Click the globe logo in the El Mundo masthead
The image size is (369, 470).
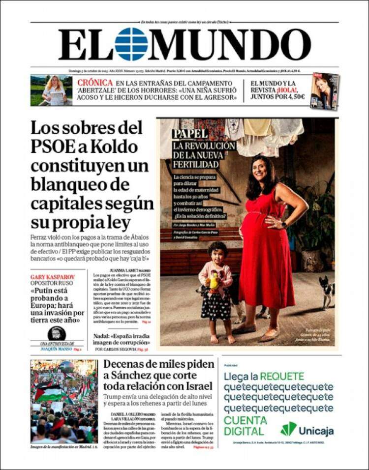coord(131,44)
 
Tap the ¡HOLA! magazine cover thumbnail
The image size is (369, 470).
coord(325,91)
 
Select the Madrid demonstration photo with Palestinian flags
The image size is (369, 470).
coord(64,401)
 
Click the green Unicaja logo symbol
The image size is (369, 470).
coord(289,429)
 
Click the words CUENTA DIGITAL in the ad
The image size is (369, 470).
coord(245,426)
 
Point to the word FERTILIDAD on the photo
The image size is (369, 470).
coord(196,164)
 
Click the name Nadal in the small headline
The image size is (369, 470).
coord(104,336)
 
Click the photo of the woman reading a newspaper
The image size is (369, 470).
coord(51,90)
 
